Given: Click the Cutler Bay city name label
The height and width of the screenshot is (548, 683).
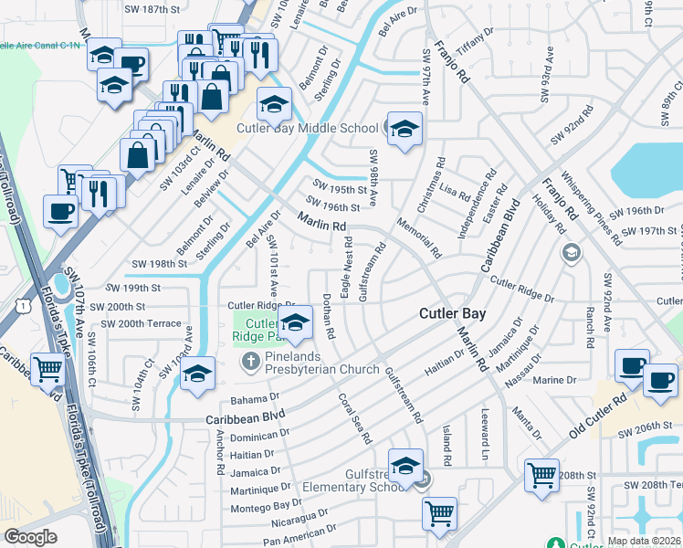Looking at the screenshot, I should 451,313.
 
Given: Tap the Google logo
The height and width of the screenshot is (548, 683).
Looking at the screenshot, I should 30,537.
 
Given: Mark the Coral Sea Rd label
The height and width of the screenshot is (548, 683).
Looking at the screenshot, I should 355,418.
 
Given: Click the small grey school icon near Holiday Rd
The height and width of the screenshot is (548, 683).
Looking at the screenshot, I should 572,252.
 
